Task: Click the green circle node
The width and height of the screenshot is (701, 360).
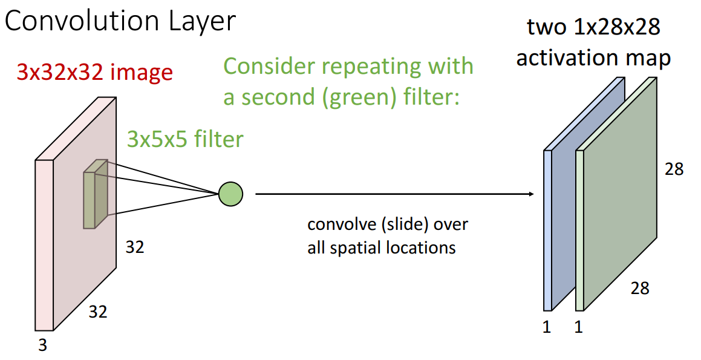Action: point(230,194)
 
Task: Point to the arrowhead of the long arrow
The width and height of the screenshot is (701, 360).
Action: point(532,194)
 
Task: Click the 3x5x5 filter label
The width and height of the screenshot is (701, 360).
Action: point(185,140)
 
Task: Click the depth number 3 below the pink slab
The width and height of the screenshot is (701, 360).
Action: point(42,345)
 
